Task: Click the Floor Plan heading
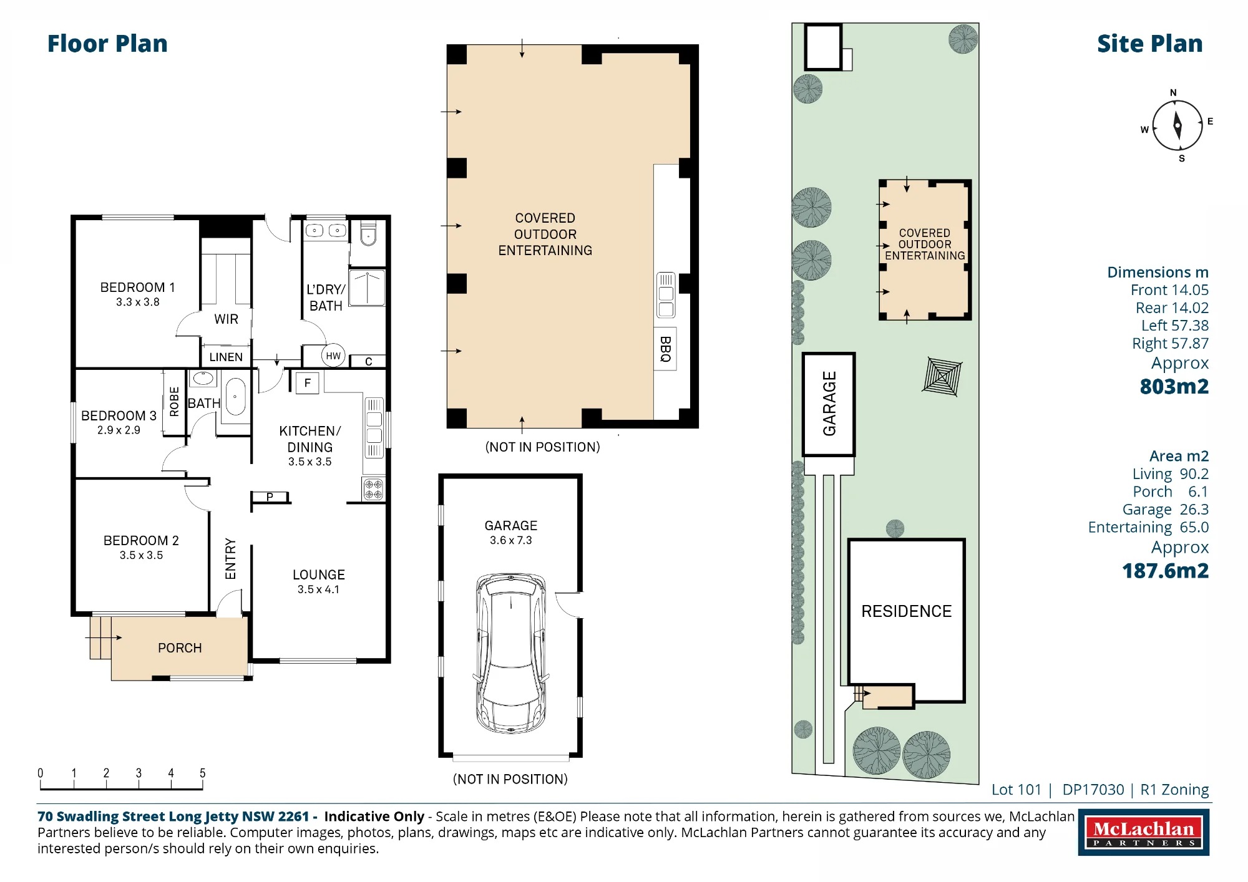[107, 44]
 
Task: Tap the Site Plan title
[1149, 44]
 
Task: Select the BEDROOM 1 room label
[137, 288]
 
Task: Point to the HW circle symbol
[333, 356]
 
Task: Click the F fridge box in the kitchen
[307, 383]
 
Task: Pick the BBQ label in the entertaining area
[665, 349]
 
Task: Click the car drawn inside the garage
[511, 653]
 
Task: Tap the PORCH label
[180, 648]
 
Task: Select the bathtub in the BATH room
[235, 397]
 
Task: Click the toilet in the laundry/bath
[368, 233]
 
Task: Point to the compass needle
[1177, 125]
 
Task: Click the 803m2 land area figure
[1174, 387]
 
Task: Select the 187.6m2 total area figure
[1165, 571]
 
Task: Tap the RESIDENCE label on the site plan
[906, 611]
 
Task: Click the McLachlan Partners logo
[1144, 832]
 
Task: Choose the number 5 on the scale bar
[202, 773]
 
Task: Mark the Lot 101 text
[1016, 790]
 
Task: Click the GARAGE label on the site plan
[829, 404]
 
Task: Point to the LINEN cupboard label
[226, 357]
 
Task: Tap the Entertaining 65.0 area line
[1148, 527]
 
